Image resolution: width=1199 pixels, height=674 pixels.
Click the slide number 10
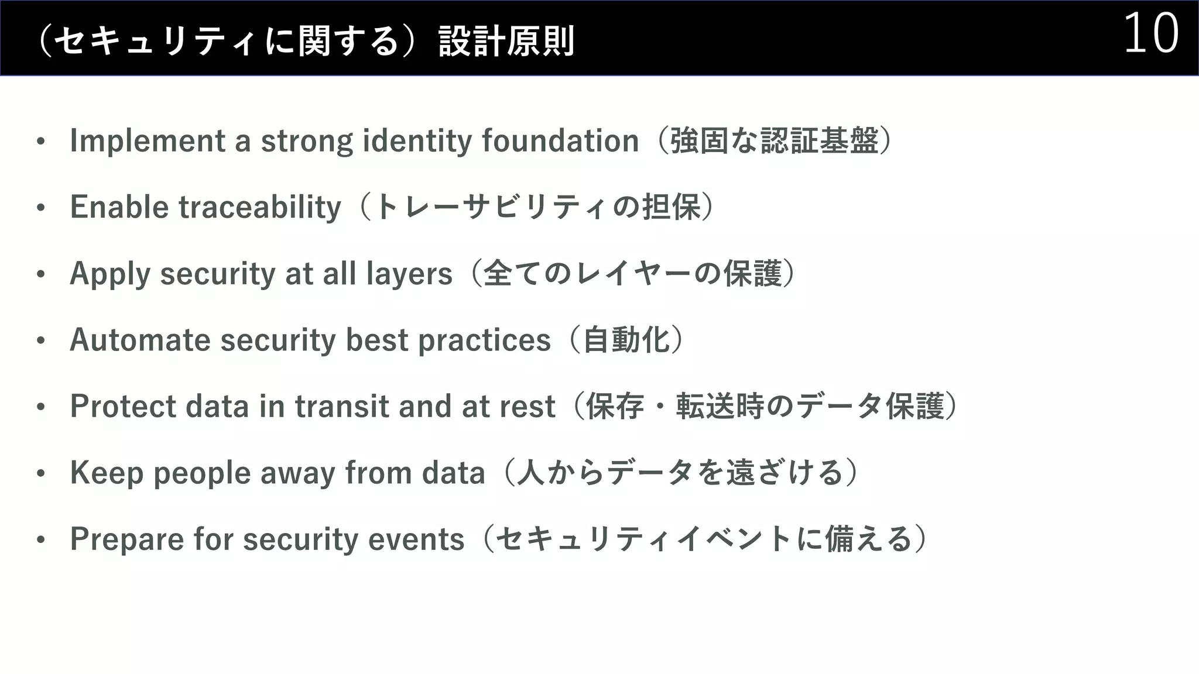pyautogui.click(x=1150, y=34)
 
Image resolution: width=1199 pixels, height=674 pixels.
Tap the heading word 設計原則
pyautogui.click(x=507, y=41)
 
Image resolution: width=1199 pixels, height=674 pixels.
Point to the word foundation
pyautogui.click(x=560, y=141)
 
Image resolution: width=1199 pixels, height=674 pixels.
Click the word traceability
pyautogui.click(x=259, y=207)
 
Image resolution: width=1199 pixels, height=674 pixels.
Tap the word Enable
pyautogui.click(x=119, y=207)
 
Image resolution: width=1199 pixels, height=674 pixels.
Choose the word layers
pyautogui.click(x=409, y=274)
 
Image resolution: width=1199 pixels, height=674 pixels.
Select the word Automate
pyautogui.click(x=140, y=340)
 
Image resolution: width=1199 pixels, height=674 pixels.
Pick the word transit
pyautogui.click(x=342, y=407)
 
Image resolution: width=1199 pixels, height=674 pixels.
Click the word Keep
pyautogui.click(x=107, y=473)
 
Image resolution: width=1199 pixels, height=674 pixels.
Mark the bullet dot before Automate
pyautogui.click(x=40, y=341)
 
